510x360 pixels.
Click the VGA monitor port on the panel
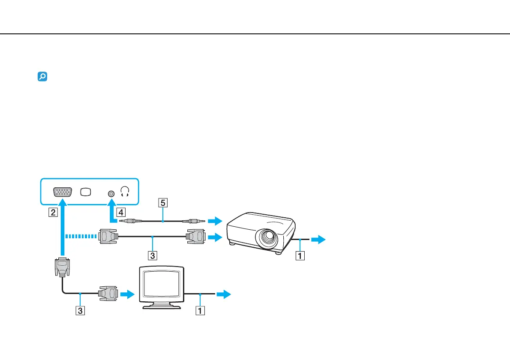63,192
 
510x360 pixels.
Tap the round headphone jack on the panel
111,193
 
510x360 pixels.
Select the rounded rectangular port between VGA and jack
86,192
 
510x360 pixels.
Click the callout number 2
52,212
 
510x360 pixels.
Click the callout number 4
121,211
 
